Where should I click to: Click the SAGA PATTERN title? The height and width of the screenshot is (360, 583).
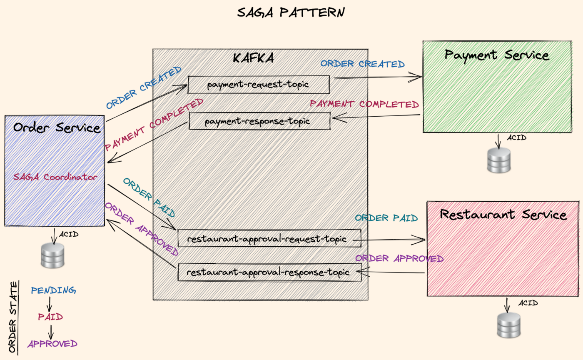click(291, 12)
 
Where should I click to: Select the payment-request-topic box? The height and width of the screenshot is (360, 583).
click(258, 85)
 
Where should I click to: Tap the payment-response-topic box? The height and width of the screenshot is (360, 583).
click(259, 121)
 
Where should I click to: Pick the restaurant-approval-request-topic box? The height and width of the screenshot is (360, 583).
click(269, 239)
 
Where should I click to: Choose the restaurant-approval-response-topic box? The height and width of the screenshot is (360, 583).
click(269, 272)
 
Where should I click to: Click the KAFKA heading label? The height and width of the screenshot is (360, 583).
click(253, 58)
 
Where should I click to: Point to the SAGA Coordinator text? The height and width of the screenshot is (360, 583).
click(55, 177)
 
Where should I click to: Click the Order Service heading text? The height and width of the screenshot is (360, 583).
click(57, 127)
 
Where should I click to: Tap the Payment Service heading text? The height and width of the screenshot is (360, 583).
click(496, 55)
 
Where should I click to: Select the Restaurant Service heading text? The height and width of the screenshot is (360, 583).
click(503, 215)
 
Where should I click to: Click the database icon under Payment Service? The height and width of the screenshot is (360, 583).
click(498, 160)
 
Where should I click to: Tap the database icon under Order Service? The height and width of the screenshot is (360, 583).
click(52, 255)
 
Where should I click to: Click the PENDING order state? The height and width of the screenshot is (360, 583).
click(53, 290)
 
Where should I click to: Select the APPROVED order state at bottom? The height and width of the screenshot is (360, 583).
click(52, 344)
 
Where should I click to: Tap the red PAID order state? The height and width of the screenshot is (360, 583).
click(50, 317)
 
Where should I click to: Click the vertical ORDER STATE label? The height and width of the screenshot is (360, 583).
click(13, 317)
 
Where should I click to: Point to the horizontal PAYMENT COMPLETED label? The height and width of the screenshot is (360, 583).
click(364, 104)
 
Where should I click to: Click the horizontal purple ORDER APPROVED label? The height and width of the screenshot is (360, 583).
click(399, 258)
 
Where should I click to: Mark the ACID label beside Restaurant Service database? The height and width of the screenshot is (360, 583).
click(528, 303)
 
